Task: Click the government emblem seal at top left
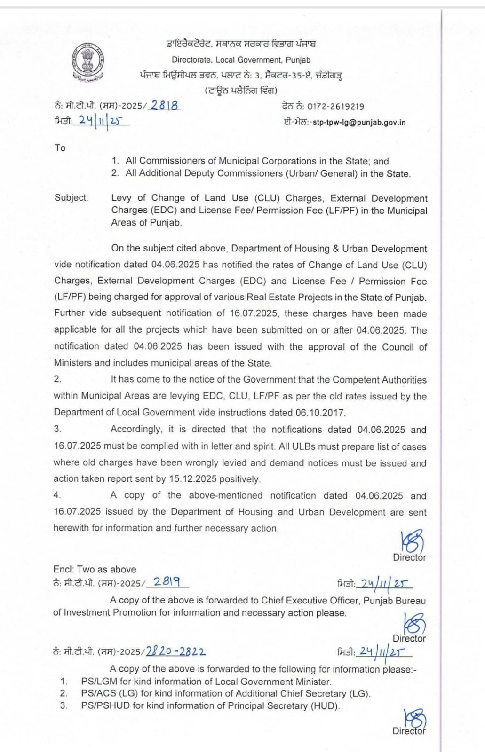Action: pos(87,63)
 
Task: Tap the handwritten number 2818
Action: pos(164,105)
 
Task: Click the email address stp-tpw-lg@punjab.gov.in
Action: pos(359,123)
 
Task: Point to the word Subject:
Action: pos(71,197)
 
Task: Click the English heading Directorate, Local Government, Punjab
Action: pos(241,60)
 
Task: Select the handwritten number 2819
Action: pos(167,582)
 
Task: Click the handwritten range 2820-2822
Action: pos(175,651)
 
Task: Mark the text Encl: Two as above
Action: pos(95,569)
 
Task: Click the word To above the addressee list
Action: pos(60,148)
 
